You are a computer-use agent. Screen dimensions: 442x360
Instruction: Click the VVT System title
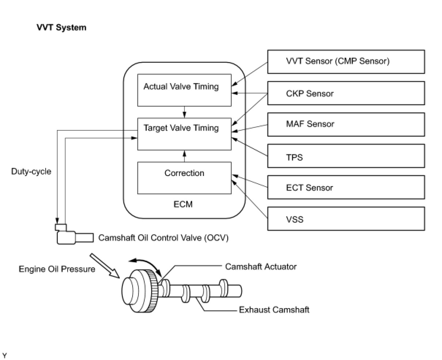click(61, 28)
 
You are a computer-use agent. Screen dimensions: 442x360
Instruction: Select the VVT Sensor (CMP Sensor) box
click(346, 62)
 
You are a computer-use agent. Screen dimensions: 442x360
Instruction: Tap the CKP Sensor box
click(346, 93)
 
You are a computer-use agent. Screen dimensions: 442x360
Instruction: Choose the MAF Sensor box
click(346, 125)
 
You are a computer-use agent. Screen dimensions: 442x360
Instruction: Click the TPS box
click(346, 156)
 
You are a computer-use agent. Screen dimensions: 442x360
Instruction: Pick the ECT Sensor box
click(346, 187)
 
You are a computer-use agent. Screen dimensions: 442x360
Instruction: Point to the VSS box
click(346, 219)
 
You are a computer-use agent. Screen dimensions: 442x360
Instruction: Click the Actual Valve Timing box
click(184, 90)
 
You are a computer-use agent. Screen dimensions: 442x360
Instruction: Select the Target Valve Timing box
click(184, 134)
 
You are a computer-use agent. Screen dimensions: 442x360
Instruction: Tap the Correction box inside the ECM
click(184, 178)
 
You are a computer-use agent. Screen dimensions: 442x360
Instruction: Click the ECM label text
click(183, 204)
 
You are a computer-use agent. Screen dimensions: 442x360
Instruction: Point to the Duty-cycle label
click(31, 172)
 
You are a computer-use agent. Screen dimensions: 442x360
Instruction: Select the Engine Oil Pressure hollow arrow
click(105, 266)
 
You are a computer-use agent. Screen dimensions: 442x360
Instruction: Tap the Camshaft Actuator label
click(261, 267)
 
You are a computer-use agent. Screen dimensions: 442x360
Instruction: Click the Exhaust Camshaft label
click(274, 310)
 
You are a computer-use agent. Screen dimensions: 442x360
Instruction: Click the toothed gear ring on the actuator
click(153, 291)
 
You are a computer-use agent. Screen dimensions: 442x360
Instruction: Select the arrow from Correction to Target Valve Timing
click(184, 156)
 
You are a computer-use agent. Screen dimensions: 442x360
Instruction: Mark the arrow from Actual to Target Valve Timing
click(184, 112)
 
